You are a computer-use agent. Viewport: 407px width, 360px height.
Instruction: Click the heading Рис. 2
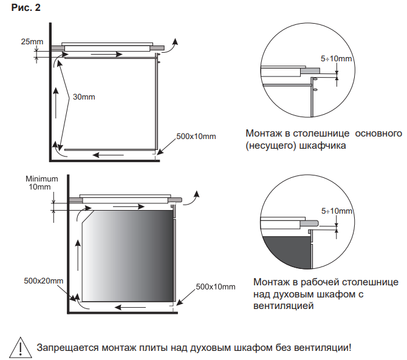24,10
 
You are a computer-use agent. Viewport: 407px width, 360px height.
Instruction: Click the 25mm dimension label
32,41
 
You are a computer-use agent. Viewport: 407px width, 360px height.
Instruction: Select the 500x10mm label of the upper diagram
196,136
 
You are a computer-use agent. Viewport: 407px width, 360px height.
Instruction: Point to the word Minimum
41,178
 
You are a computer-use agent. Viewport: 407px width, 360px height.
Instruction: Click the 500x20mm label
44,281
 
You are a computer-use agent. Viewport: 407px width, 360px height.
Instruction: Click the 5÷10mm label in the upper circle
336,59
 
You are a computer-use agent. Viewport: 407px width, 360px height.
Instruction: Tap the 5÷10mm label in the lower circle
336,211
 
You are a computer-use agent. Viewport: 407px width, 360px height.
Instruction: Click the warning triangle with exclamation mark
20,348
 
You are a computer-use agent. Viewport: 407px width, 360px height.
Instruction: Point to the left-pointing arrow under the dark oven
130,307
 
